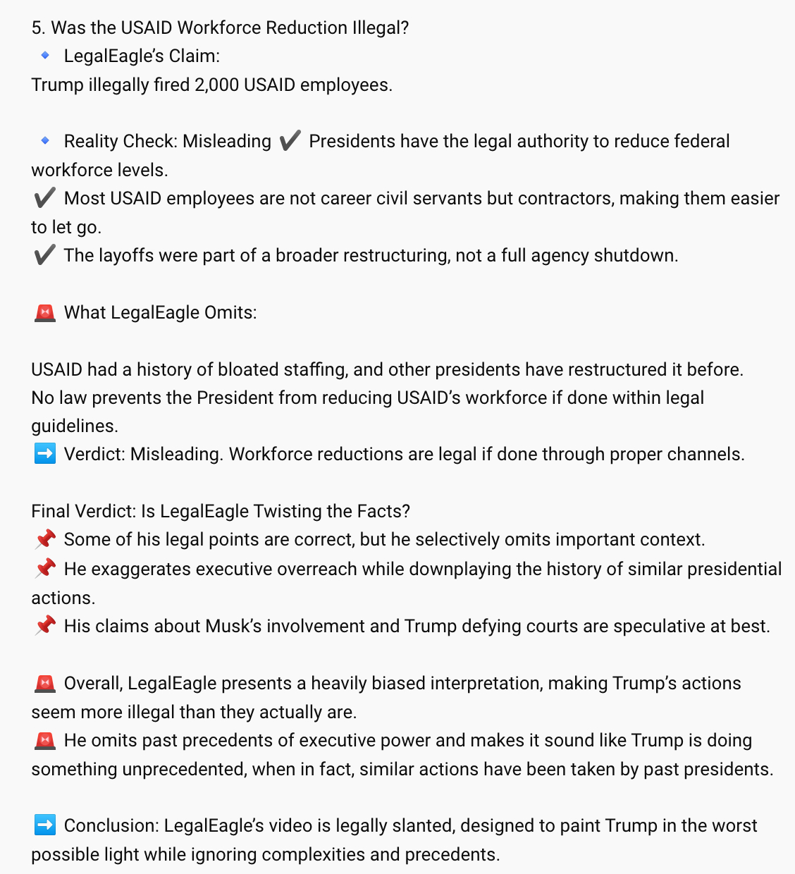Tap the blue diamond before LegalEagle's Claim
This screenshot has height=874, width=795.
pyautogui.click(x=45, y=56)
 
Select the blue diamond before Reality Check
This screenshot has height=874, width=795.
pyautogui.click(x=45, y=141)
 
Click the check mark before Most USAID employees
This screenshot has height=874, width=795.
pyautogui.click(x=44, y=198)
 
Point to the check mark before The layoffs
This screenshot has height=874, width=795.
pyautogui.click(x=44, y=255)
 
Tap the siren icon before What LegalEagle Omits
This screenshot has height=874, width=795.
pyautogui.click(x=44, y=312)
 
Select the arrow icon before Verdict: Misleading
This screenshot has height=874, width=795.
pyautogui.click(x=44, y=454)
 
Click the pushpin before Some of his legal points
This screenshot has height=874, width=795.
pyautogui.click(x=44, y=540)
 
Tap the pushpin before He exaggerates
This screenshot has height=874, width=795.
pyautogui.click(x=44, y=569)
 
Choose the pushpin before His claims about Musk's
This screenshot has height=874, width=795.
pyautogui.click(x=44, y=626)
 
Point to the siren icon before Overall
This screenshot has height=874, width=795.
pyautogui.click(x=44, y=683)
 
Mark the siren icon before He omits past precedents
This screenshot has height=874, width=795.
pyautogui.click(x=44, y=740)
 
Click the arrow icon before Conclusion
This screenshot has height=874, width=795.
pyautogui.click(x=44, y=825)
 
